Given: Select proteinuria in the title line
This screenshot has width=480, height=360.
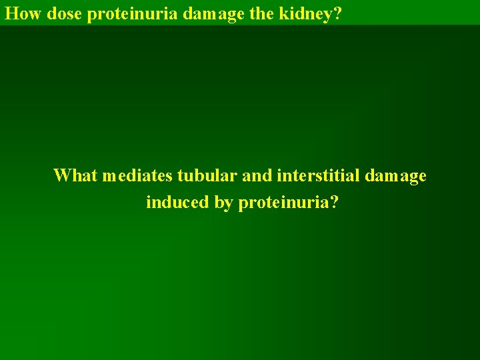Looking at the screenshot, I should [126, 13].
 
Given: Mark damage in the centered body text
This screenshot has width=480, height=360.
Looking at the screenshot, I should [395, 176].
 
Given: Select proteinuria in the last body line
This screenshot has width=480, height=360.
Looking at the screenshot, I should [282, 203].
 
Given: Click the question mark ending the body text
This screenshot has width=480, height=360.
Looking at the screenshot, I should [333, 202].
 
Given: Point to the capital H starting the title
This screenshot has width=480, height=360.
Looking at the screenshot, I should [10, 13].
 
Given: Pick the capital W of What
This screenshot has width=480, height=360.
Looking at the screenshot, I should [62, 175].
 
